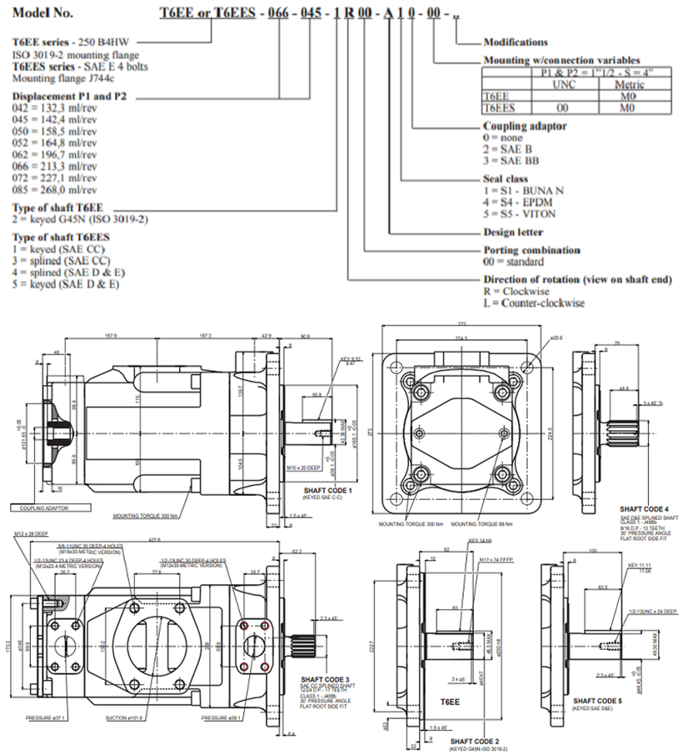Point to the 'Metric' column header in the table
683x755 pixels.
click(629, 84)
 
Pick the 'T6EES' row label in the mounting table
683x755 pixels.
click(500, 107)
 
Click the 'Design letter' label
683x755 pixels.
click(513, 232)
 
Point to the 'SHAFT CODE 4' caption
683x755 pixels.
click(644, 507)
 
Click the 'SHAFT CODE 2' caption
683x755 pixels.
click(474, 740)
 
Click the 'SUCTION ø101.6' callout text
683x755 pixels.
click(128, 717)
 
